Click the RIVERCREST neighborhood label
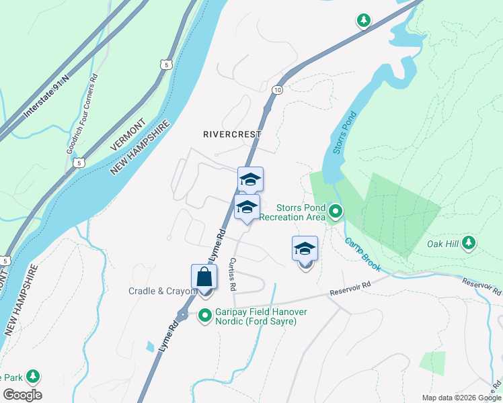231,134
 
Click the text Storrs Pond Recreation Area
293,212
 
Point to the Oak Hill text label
442,244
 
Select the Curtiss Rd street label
232,273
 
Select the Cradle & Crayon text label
161,292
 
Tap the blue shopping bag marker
204,278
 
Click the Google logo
22,395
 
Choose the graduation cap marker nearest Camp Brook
305,249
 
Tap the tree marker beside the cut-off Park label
32,377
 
